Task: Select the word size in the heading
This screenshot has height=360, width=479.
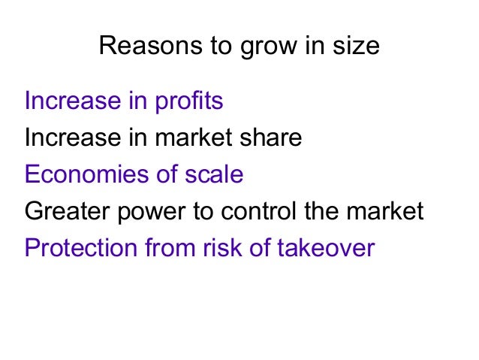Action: click(x=355, y=47)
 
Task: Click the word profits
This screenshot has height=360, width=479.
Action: click(x=188, y=101)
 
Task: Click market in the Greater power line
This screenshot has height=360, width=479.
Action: click(x=386, y=211)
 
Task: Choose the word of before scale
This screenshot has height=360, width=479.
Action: click(x=165, y=174)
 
